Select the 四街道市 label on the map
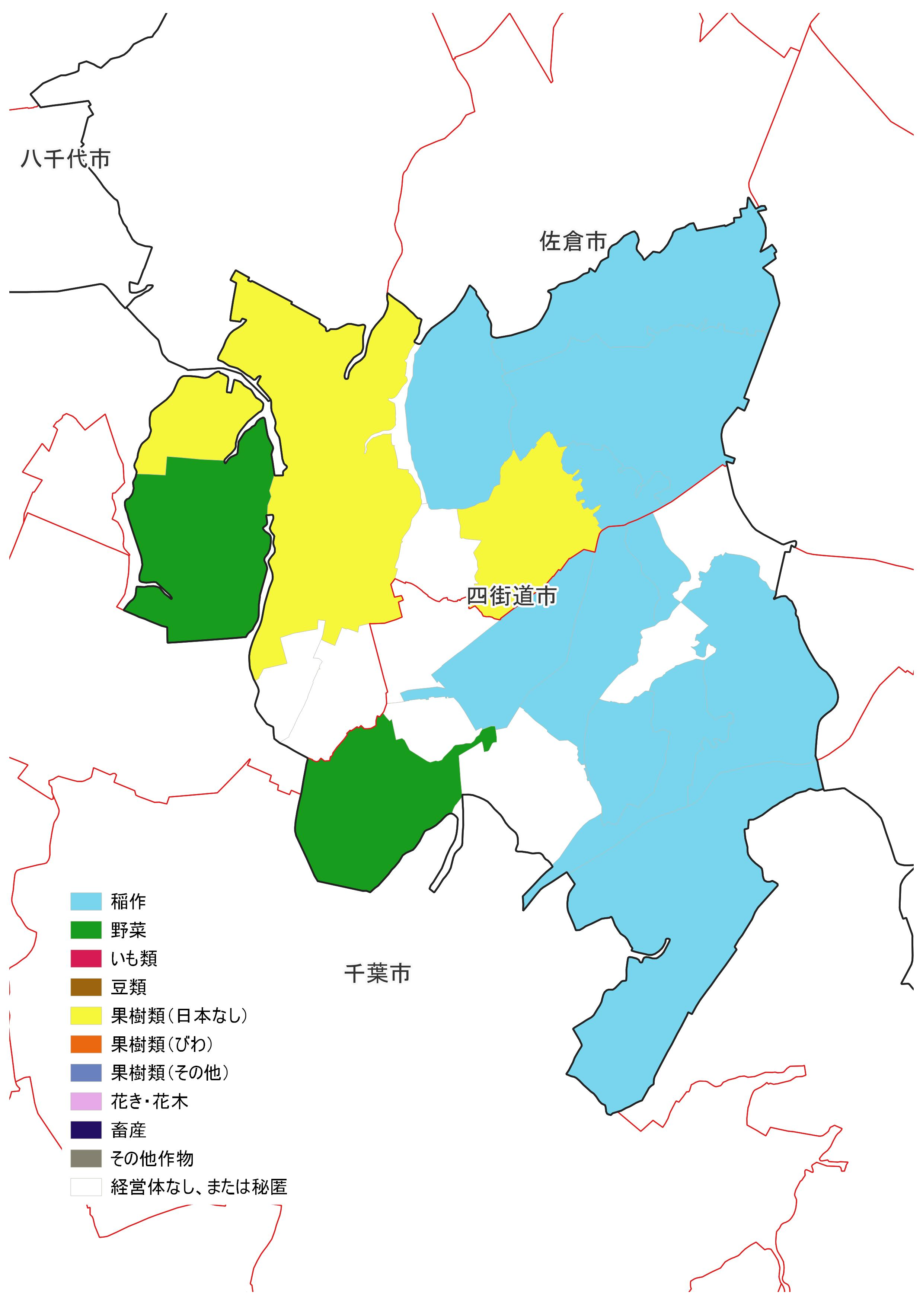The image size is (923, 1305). click(511, 596)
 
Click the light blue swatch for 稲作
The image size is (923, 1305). click(86, 901)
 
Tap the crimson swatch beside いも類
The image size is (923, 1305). click(86, 958)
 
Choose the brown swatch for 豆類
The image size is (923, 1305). click(86, 987)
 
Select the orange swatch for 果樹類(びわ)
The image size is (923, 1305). click(86, 1044)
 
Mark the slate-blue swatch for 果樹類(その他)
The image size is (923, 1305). click(86, 1072)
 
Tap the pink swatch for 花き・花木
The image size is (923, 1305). click(86, 1101)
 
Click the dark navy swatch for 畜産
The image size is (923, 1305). click(86, 1130)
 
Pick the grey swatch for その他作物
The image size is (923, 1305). click(86, 1158)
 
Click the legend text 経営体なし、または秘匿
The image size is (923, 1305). click(199, 1187)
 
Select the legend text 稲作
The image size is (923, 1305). click(128, 901)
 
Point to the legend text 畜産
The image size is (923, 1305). click(128, 1130)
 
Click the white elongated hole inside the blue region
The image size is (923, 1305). click(654, 671)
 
